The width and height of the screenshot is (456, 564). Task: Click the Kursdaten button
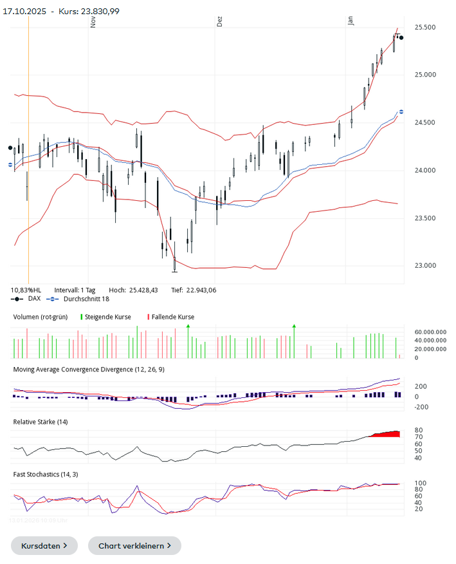tap(44, 545)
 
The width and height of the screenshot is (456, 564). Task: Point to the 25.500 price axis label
tap(426, 28)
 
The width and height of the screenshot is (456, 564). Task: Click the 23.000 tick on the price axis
tap(426, 266)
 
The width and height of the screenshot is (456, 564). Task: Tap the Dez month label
tap(220, 21)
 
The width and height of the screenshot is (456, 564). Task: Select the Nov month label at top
tap(94, 21)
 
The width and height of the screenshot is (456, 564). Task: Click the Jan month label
tap(351, 21)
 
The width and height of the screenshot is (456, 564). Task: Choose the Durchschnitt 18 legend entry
tap(82, 299)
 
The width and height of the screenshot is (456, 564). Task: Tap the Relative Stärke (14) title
tap(41, 422)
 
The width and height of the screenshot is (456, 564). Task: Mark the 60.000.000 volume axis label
tap(430, 332)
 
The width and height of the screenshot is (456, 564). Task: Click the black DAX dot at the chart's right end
tap(401, 37)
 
